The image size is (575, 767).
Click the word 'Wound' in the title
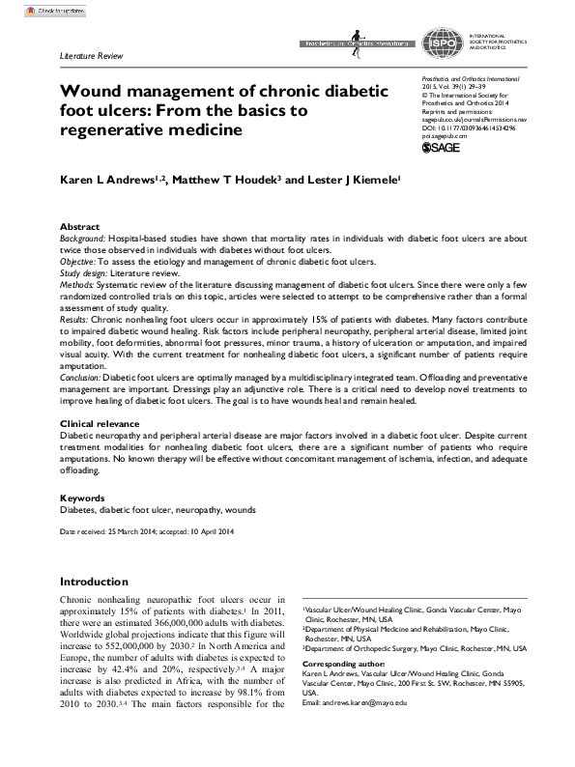[92, 92]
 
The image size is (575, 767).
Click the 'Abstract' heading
[80, 225]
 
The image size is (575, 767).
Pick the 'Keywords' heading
[84, 497]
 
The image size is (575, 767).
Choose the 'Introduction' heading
[94, 582]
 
